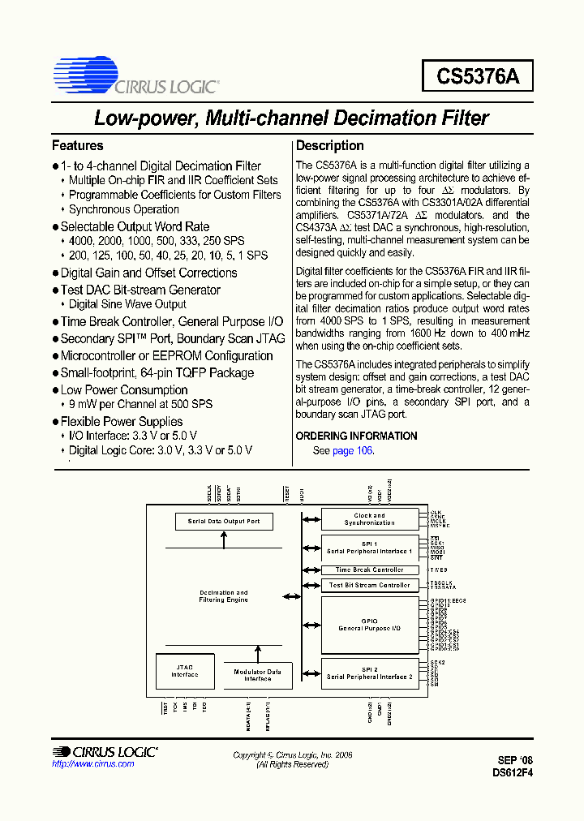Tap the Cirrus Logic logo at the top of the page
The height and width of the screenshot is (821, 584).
pos(134,76)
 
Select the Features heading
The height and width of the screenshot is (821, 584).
pos(78,146)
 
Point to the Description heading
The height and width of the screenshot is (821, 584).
pos(329,146)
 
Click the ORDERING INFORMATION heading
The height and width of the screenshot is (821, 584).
pos(356,436)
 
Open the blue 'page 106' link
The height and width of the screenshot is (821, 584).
pos(353,450)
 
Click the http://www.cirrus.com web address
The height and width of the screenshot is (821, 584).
pos(92,764)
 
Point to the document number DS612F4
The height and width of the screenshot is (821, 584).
pos(512,772)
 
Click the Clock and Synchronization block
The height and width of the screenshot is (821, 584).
pos(369,519)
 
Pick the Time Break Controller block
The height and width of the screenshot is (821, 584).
pos(369,570)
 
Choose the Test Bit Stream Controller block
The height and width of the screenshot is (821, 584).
pos(369,585)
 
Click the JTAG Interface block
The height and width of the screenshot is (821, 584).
pos(184,672)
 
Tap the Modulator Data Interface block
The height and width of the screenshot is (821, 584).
pos(258,675)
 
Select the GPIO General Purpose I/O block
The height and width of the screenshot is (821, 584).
pos(369,625)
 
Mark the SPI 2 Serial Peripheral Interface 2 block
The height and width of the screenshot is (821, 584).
pos(369,673)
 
